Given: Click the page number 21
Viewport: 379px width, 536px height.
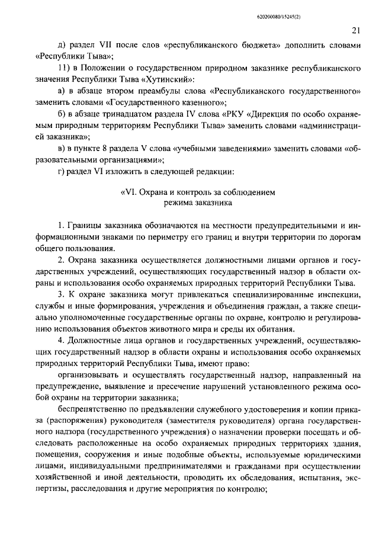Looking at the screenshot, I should [355, 31].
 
